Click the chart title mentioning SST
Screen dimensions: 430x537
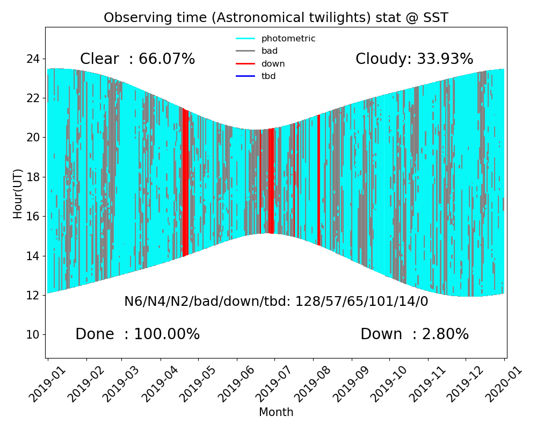[x=276, y=18]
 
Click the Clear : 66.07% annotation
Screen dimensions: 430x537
[x=137, y=59]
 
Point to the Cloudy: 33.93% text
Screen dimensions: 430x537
[x=414, y=59]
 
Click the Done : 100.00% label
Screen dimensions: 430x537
[x=137, y=334]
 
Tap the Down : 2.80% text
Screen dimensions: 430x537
[x=414, y=334]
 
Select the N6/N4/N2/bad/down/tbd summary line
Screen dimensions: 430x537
[x=276, y=302]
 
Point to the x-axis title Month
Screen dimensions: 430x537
[x=276, y=412]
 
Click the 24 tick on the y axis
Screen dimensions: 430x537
[x=33, y=59]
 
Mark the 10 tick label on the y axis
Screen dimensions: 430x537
[x=33, y=335]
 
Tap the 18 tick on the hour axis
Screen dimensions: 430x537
[x=33, y=177]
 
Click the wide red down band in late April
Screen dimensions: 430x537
[x=185, y=183]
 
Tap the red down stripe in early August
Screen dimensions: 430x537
[x=318, y=177]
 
